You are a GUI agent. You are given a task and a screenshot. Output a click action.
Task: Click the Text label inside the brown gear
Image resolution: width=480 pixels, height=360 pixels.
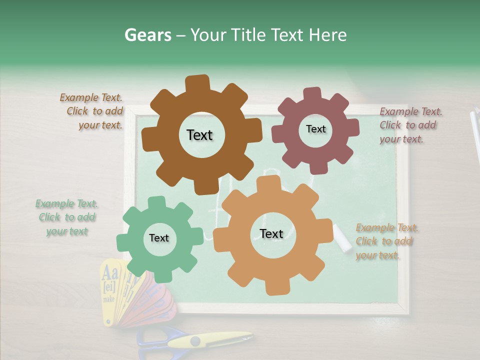pyautogui.click(x=199, y=135)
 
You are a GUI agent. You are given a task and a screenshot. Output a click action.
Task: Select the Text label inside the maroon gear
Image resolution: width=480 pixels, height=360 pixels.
pyautogui.click(x=315, y=129)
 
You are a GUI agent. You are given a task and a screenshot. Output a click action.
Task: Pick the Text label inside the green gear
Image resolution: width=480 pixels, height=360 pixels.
pyautogui.click(x=159, y=238)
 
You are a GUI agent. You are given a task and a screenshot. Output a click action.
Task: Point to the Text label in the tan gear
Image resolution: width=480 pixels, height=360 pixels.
pyautogui.click(x=271, y=233)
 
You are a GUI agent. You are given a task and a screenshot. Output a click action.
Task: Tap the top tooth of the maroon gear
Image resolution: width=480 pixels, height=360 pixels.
pyautogui.click(x=312, y=94)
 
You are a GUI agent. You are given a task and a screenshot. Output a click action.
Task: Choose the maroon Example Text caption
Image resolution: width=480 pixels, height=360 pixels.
pyautogui.click(x=410, y=125)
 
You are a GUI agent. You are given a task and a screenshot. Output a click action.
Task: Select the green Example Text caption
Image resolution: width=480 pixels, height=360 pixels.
pyautogui.click(x=67, y=217)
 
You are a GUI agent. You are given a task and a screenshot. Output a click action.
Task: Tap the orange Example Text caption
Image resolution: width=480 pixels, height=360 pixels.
pyautogui.click(x=386, y=241)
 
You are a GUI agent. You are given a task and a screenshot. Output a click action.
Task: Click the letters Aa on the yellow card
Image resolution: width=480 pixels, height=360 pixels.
pyautogui.click(x=110, y=273)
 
